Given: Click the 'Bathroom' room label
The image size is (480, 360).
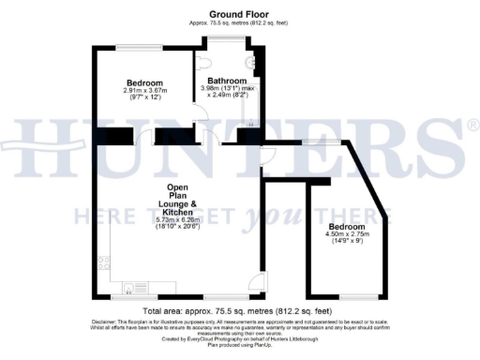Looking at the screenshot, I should pos(226,80).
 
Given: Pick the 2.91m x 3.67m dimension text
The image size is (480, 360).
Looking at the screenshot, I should pos(144,91).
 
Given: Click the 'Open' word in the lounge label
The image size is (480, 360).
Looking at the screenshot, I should pos(180,188).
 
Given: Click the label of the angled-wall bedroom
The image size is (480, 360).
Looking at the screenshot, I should pos(345,226).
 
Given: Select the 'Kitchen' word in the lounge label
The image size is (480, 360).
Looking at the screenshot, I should pos(180,211).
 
